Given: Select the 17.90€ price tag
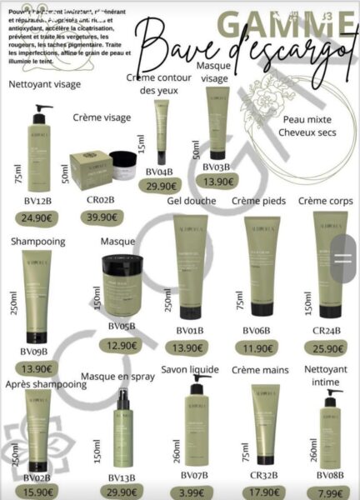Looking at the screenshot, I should click(263, 492).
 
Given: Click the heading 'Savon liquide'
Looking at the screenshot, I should click(190, 370).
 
